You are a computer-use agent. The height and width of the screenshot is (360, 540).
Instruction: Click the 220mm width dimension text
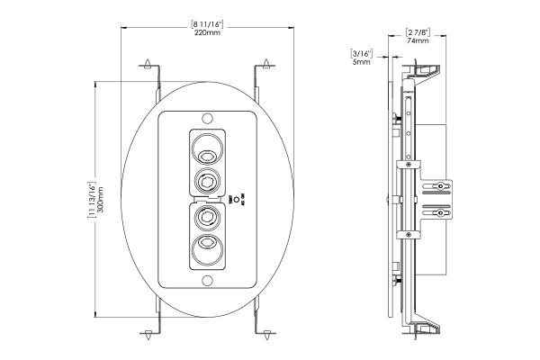207,33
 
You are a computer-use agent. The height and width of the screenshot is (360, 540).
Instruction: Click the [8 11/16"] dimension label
207,22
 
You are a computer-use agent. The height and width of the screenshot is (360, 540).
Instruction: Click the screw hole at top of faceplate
208,118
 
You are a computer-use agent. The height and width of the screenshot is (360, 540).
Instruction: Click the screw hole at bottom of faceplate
208,283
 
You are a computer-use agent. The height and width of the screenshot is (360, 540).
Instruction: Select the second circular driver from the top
208,181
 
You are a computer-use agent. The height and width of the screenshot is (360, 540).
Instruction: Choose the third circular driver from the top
208,218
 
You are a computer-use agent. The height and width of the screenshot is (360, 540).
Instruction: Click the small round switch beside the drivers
235,200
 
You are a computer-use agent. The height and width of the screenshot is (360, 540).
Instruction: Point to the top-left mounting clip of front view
148,67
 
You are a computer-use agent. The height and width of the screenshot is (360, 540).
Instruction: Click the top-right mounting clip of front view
267,67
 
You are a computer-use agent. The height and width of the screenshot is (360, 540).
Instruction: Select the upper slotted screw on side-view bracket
440,186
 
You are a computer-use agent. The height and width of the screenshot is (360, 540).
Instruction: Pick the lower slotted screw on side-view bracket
440,214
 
